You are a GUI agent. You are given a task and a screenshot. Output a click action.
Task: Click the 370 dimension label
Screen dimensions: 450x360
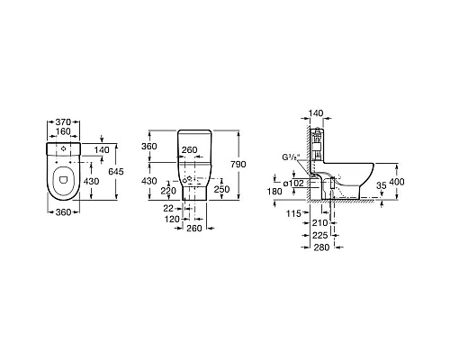click(x=63, y=122)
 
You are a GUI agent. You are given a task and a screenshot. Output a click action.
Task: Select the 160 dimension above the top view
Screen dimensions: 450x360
click(x=63, y=131)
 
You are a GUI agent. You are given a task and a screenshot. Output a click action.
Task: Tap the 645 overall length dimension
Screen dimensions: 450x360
click(x=116, y=172)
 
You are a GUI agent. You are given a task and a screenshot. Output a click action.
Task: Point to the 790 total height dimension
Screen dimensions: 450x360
click(x=238, y=164)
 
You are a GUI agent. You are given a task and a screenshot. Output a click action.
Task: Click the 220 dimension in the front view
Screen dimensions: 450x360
click(x=168, y=191)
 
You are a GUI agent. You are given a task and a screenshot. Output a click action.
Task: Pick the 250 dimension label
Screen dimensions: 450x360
click(x=221, y=189)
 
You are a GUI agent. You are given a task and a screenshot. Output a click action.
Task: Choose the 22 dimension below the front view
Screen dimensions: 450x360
click(x=168, y=208)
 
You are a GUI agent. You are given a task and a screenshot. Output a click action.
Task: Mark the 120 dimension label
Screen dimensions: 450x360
click(x=172, y=220)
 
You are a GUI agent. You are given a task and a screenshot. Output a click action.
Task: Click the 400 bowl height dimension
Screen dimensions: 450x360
click(x=397, y=182)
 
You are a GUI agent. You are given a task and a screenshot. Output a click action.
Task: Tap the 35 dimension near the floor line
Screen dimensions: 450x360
click(x=382, y=185)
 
